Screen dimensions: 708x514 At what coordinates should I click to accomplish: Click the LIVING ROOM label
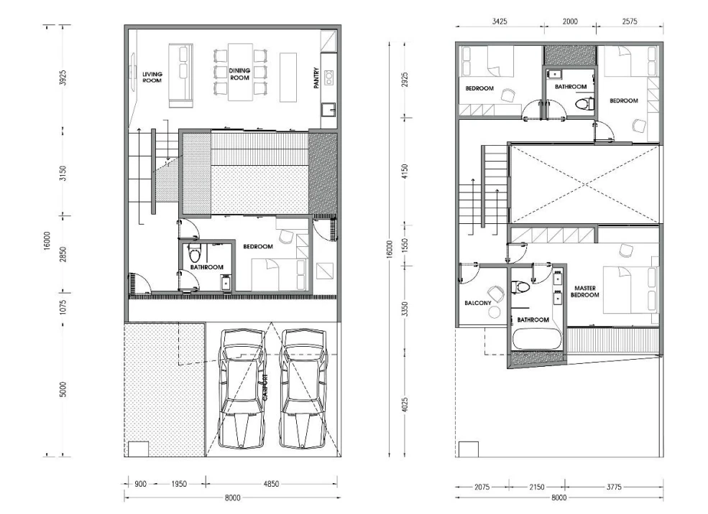152,77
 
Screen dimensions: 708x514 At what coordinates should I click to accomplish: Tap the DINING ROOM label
239,74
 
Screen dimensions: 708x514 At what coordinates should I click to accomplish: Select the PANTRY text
316,78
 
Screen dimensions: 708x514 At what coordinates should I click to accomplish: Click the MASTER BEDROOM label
585,291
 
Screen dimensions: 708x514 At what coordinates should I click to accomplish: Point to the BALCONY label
478,303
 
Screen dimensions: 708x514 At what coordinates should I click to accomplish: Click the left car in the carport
242,388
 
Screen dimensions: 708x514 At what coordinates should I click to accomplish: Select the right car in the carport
303,388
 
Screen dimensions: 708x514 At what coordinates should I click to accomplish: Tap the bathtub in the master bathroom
537,339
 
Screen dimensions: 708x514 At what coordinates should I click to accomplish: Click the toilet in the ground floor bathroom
195,254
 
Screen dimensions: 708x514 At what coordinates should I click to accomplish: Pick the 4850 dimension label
271,484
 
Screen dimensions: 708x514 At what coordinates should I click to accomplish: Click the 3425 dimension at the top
500,22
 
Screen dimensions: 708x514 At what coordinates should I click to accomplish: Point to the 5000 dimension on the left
63,389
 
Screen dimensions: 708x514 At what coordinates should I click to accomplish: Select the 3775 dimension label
614,487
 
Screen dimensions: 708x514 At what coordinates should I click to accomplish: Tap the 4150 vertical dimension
405,172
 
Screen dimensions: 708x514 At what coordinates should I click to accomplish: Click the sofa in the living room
181,75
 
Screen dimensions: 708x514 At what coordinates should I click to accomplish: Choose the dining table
240,72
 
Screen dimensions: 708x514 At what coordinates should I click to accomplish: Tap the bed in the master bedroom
630,289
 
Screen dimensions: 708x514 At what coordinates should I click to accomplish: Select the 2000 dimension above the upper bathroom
570,22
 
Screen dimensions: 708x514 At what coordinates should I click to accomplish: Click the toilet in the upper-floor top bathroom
585,104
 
